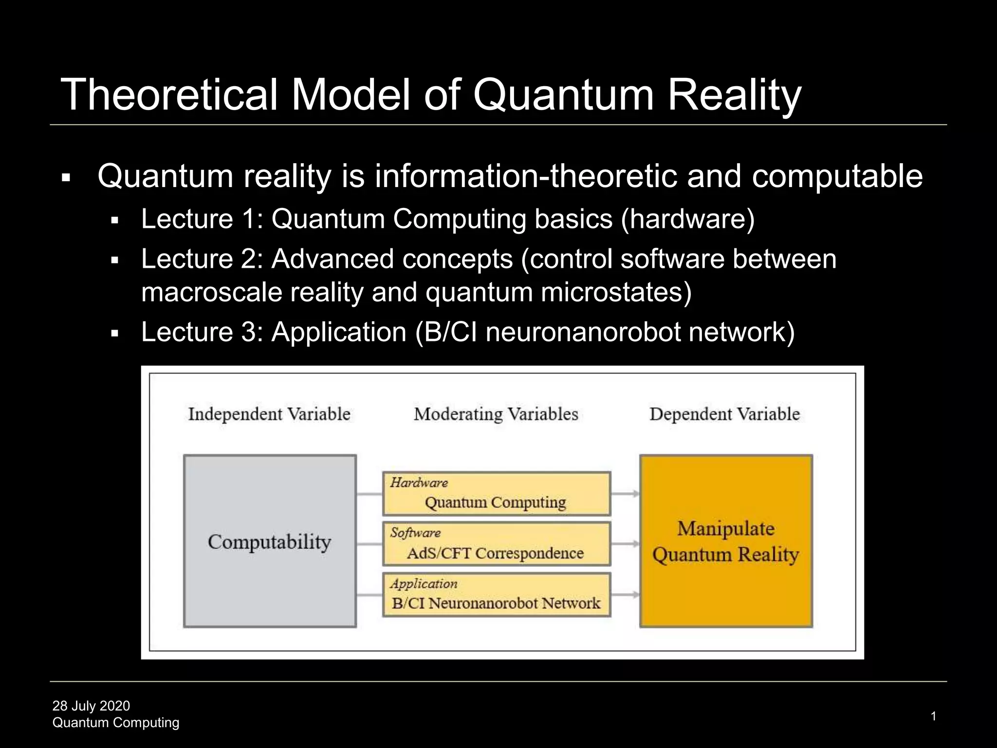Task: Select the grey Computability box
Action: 270,541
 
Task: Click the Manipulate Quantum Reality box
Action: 726,541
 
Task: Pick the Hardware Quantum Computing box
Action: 497,494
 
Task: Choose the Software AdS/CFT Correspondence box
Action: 497,544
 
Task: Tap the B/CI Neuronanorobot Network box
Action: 497,595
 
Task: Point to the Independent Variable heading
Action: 269,414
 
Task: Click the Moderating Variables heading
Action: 496,414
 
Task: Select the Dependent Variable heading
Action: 725,414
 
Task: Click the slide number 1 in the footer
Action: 933,716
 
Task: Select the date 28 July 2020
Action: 91,706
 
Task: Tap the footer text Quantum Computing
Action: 116,723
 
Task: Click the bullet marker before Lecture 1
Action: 115,221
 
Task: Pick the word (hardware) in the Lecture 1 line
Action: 688,219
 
